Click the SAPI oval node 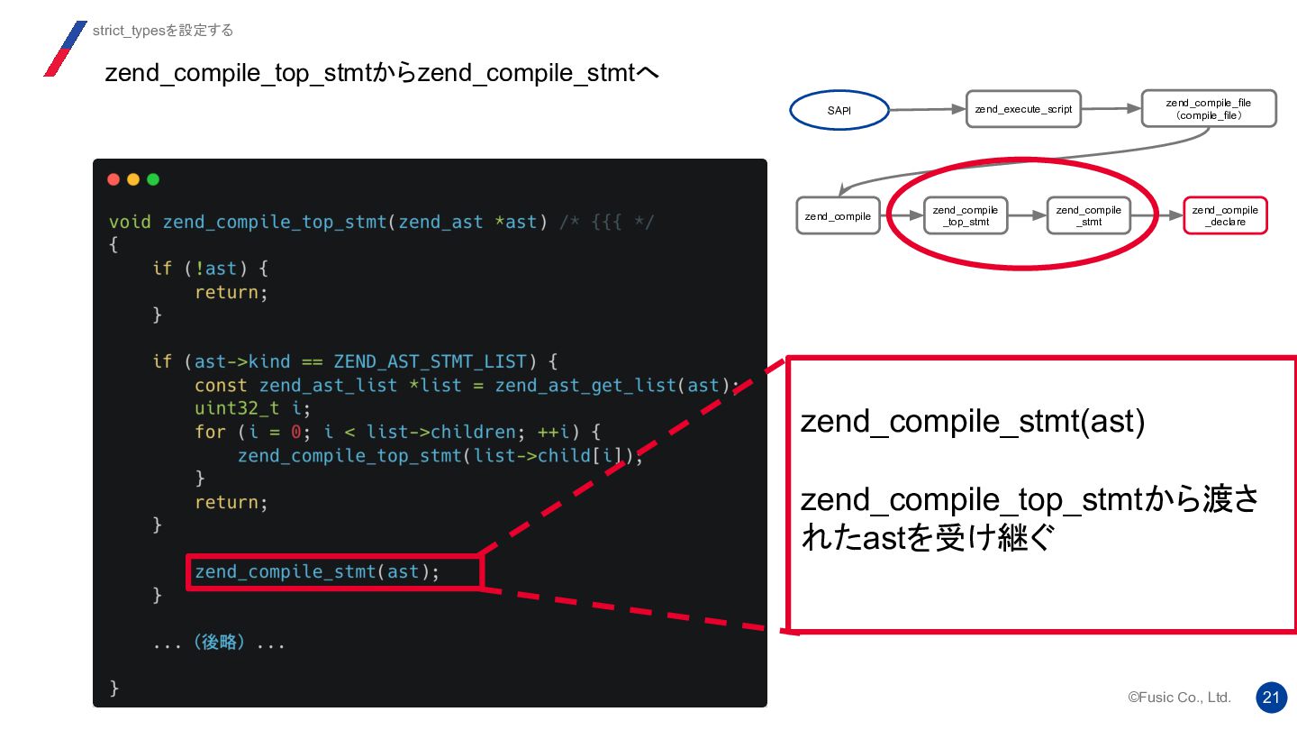coord(839,111)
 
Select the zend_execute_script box coord(1023,109)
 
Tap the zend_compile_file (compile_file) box coord(1209,109)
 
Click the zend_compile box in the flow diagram coord(838,216)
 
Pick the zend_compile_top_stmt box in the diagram coord(965,216)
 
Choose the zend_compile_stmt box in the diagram coord(1088,216)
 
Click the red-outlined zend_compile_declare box coord(1225,216)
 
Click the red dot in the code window coord(113,179)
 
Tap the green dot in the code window coord(153,179)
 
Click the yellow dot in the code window coord(133,179)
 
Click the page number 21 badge coord(1271,698)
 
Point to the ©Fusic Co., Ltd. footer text coord(1179,698)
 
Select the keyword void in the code coord(130,222)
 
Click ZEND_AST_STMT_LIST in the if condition coord(429,361)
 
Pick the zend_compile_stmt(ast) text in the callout coord(972,422)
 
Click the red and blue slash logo coord(65,49)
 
